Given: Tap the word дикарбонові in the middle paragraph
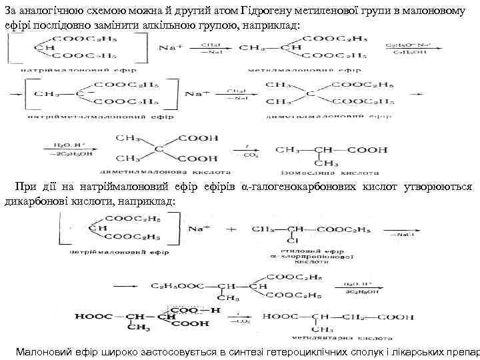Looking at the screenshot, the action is coord(31,201).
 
